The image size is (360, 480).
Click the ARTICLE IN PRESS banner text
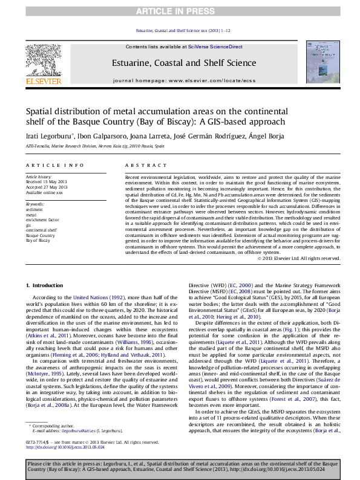(180, 11)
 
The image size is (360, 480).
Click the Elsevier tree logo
(43, 60)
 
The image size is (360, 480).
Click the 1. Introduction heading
(45, 285)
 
